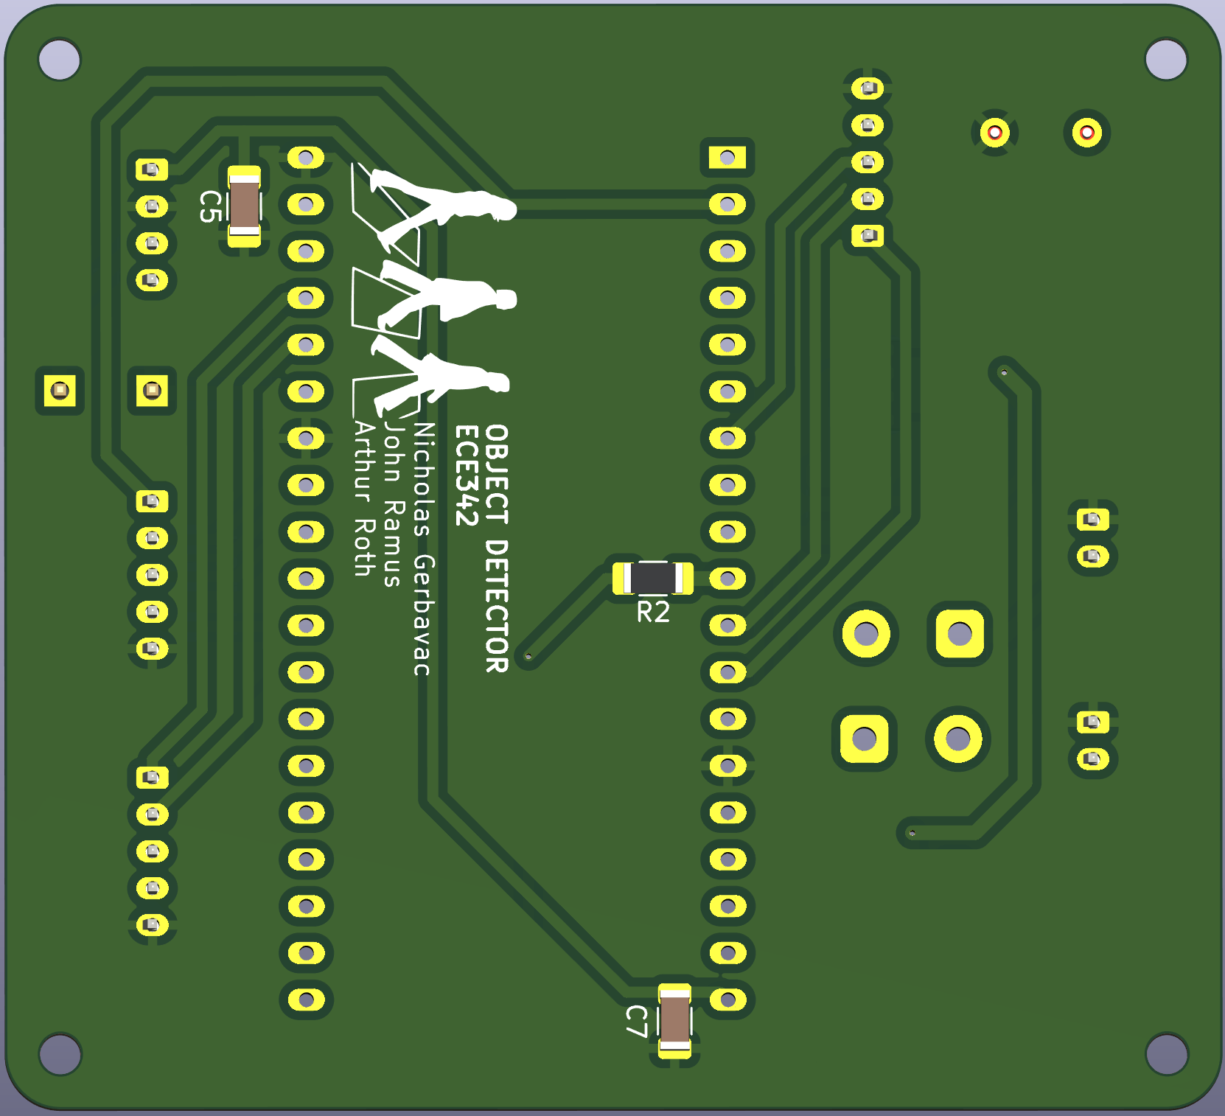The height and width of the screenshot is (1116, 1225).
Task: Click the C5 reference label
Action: coord(211,206)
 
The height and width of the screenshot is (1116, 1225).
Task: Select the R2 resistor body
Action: coord(653,578)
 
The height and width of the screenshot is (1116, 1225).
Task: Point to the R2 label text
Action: coord(653,612)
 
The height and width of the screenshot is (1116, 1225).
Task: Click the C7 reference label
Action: coord(637,1021)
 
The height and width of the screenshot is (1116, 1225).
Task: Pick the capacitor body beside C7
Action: coord(674,1021)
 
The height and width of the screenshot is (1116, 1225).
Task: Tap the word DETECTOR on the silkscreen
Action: coord(497,605)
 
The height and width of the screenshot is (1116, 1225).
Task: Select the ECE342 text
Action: coord(467,475)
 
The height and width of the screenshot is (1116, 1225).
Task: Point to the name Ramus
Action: coord(393,543)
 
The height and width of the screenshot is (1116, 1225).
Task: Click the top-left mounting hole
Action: coord(59,60)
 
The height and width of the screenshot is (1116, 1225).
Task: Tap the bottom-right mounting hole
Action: coord(1166,1053)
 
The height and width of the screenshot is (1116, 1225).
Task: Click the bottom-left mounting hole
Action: coord(59,1053)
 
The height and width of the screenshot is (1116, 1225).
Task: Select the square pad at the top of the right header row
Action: coord(727,157)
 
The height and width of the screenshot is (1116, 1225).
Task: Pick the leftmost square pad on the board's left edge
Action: coord(60,390)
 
